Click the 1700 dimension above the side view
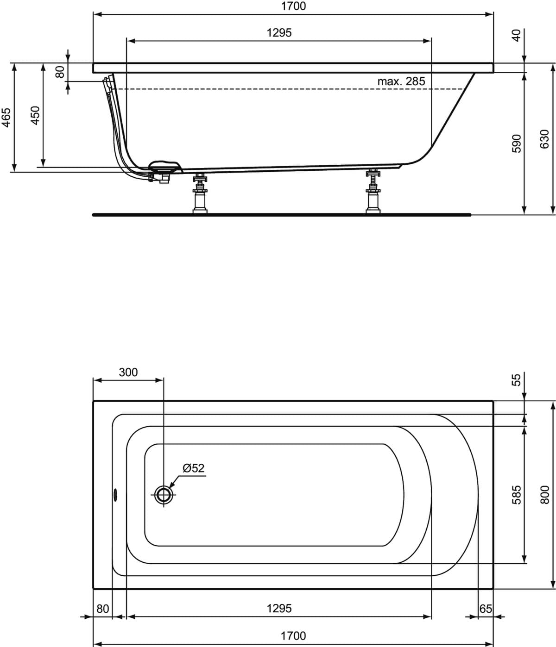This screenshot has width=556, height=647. [293, 6]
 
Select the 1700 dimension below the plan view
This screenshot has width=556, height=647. [293, 636]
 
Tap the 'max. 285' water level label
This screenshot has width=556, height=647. [401, 81]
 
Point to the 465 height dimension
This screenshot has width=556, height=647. [6, 118]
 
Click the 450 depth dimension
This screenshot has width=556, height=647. [36, 116]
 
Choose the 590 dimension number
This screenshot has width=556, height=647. [517, 143]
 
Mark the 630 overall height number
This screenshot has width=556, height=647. [545, 139]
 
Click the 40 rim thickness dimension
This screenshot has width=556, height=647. [517, 35]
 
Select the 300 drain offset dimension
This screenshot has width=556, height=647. [128, 372]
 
